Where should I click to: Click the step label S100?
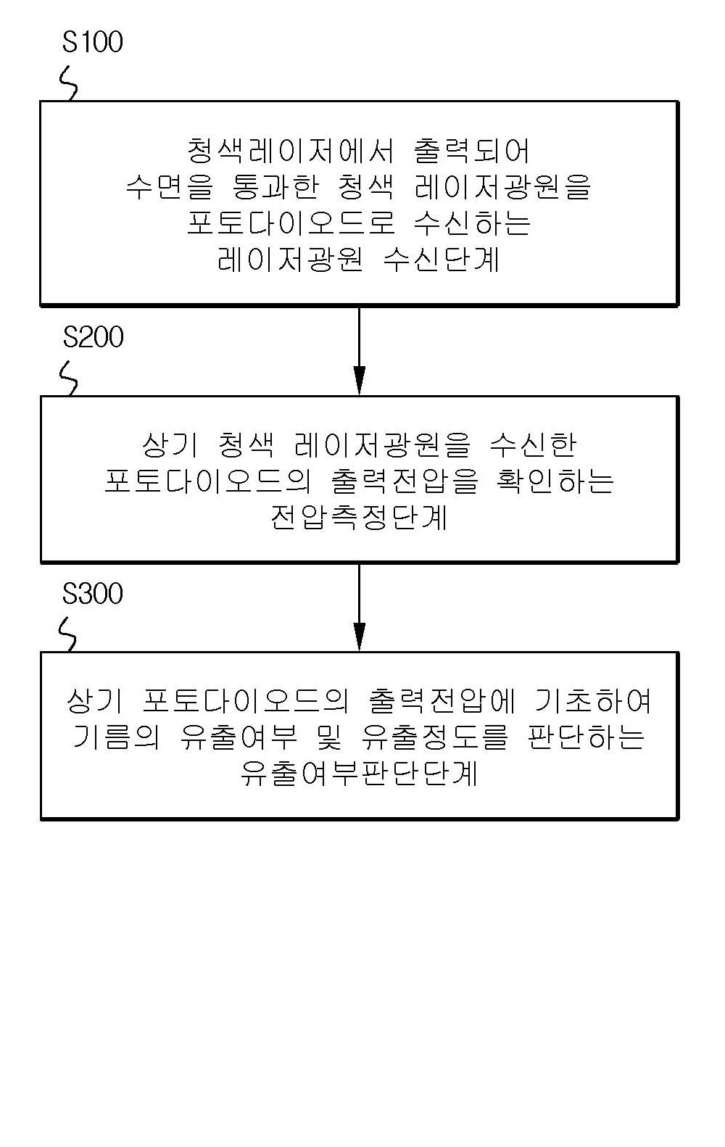[93, 42]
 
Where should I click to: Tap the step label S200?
[94, 337]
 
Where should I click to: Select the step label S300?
[93, 594]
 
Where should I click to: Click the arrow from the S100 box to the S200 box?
[360, 351]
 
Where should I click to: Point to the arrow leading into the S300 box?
[360, 608]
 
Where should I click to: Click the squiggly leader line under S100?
[68, 84]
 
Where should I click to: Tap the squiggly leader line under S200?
[69, 379]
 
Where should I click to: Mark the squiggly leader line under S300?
[67, 635]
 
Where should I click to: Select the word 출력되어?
[471, 151]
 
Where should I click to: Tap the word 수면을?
[170, 187]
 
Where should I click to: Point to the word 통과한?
[275, 187]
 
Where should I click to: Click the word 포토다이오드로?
[291, 223]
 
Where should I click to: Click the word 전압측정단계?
[359, 517]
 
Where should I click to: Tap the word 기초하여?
[592, 701]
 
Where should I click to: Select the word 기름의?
[116, 737]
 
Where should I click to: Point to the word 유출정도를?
[435, 737]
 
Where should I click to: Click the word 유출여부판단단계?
[359, 774]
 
